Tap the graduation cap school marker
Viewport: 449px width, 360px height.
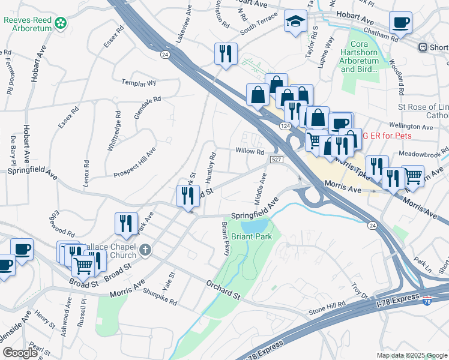click(295, 22)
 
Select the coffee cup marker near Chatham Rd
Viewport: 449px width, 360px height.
click(400, 23)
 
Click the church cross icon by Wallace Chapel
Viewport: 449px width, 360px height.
click(144, 249)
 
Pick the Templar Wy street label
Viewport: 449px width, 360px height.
click(139, 83)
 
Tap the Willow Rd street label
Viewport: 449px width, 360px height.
click(250, 152)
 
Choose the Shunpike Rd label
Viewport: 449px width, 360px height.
click(160, 296)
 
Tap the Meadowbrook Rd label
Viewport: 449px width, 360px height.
click(427, 152)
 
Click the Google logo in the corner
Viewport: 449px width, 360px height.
click(20, 353)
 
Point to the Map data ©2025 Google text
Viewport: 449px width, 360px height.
click(412, 355)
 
